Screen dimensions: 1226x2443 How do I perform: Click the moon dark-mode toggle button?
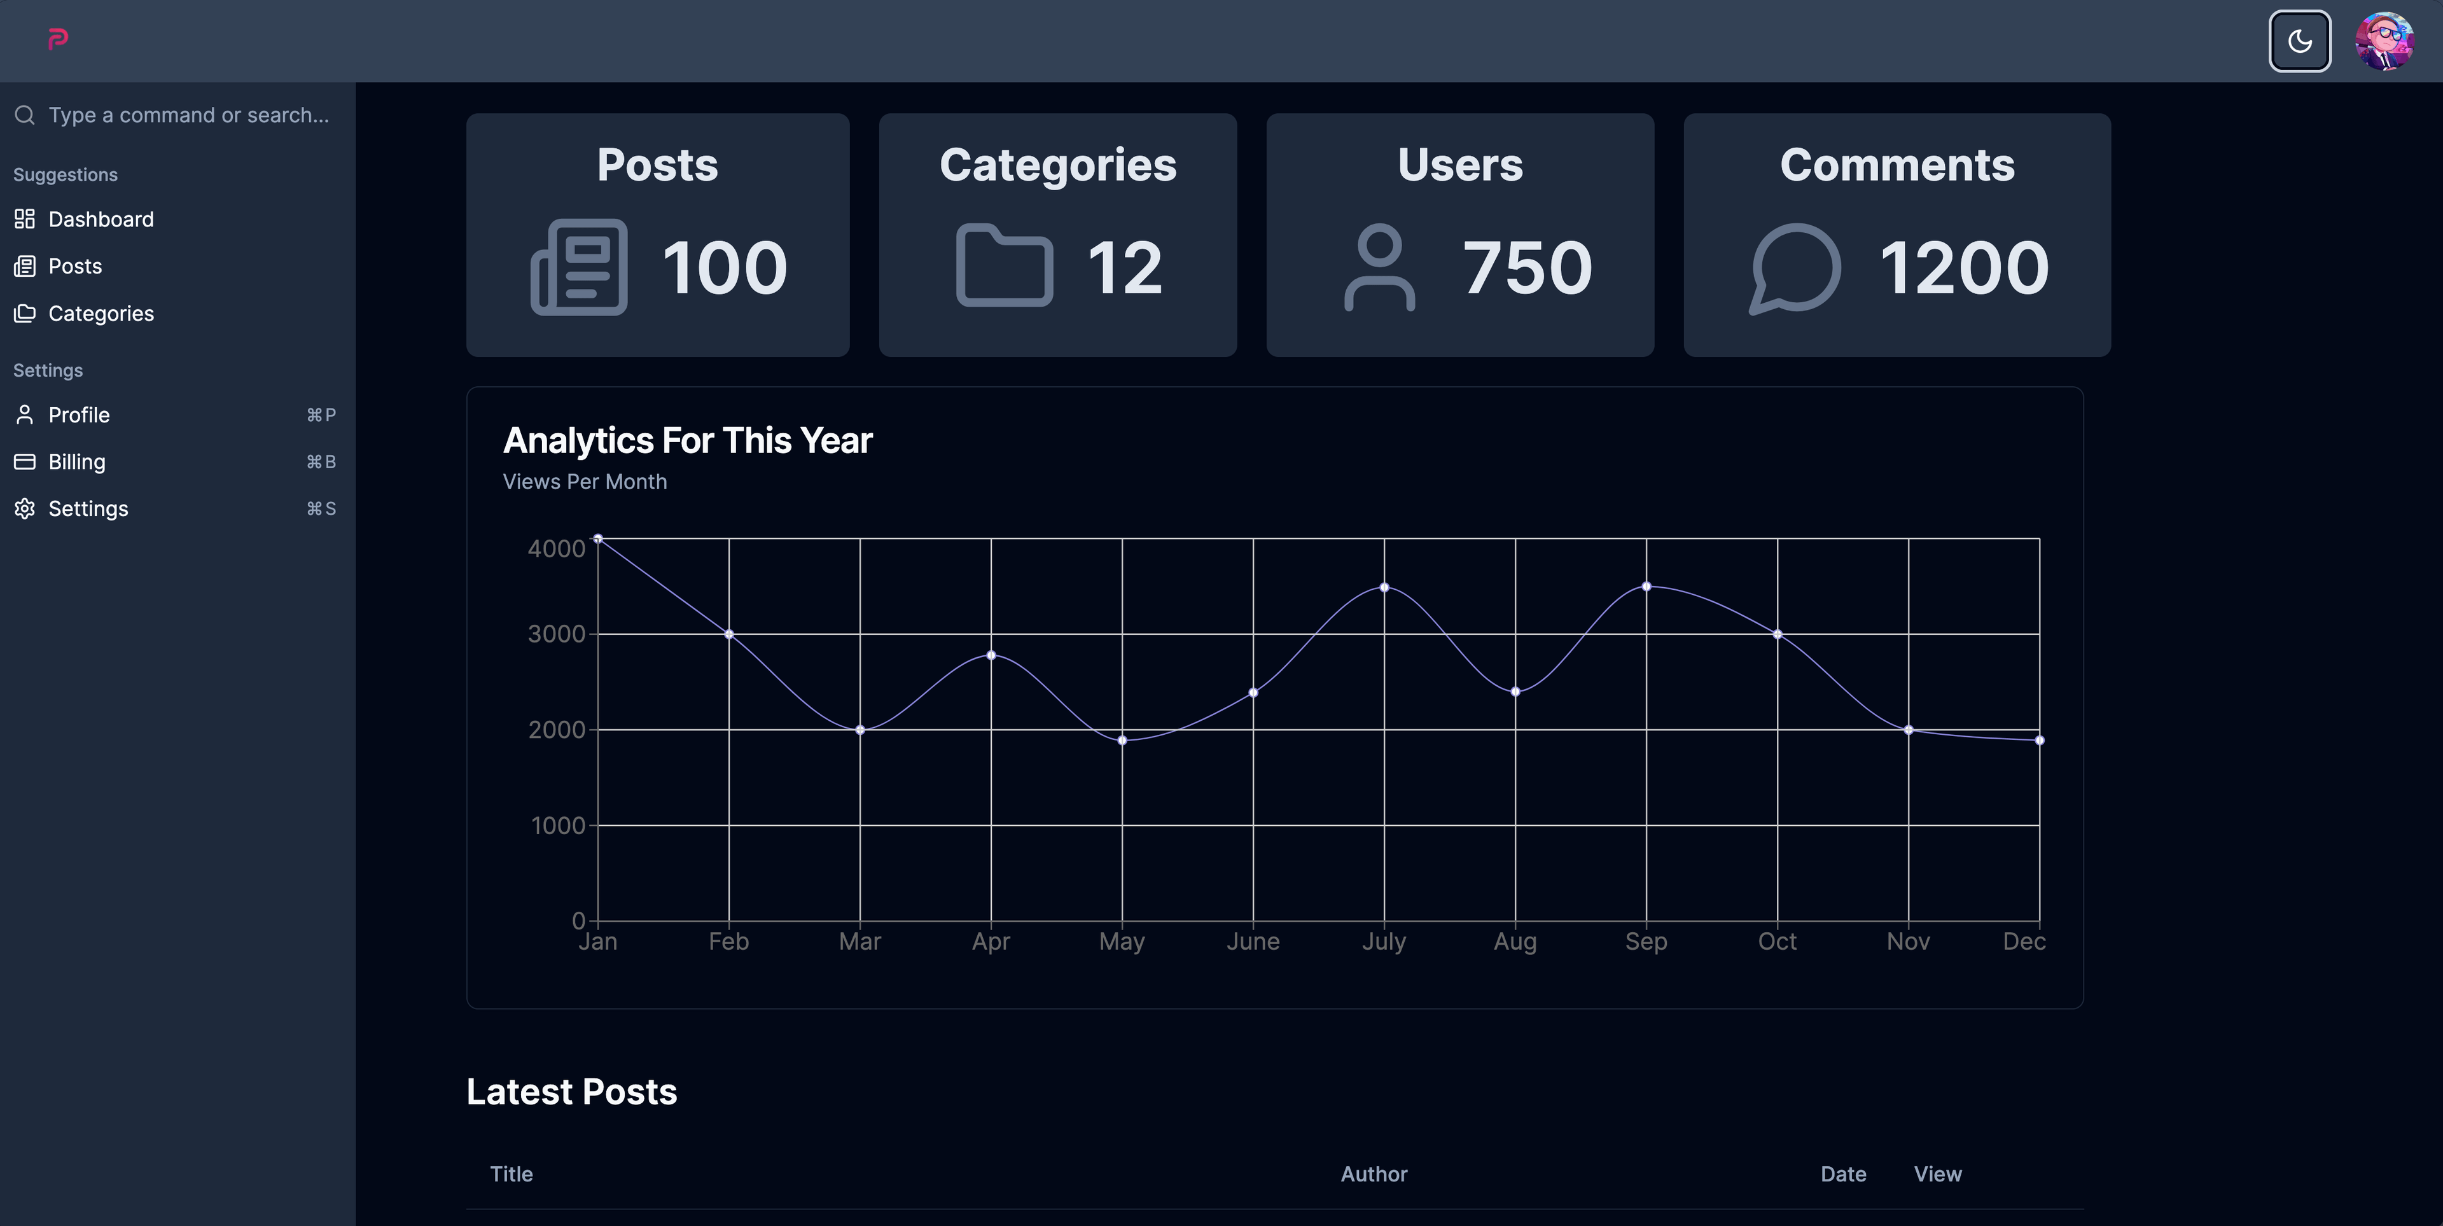pyautogui.click(x=2299, y=41)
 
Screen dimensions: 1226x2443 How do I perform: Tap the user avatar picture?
pyautogui.click(x=2384, y=41)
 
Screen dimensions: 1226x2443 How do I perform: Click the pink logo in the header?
pyautogui.click(x=58, y=39)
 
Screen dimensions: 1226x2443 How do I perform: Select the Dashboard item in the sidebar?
pyautogui.click(x=101, y=219)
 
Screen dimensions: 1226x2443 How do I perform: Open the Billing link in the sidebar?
pyautogui.click(x=77, y=462)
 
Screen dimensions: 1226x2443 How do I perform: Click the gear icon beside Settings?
pyautogui.click(x=25, y=508)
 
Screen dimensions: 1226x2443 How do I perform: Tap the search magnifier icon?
pyautogui.click(x=25, y=115)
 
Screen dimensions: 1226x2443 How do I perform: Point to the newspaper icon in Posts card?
pyautogui.click(x=578, y=267)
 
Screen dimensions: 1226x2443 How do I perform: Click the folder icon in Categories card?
pyautogui.click(x=1005, y=265)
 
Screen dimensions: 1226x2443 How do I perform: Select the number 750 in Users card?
pyautogui.click(x=1527, y=267)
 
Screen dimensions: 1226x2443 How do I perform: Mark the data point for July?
pyautogui.click(x=1384, y=588)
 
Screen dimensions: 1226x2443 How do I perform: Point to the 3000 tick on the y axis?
pyautogui.click(x=557, y=634)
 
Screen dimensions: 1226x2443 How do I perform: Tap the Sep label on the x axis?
pyautogui.click(x=1645, y=942)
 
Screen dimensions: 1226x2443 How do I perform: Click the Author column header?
pyautogui.click(x=1374, y=1174)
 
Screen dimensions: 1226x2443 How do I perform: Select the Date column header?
pyautogui.click(x=1842, y=1174)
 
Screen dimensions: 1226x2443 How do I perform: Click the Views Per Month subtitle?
pyautogui.click(x=584, y=482)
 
